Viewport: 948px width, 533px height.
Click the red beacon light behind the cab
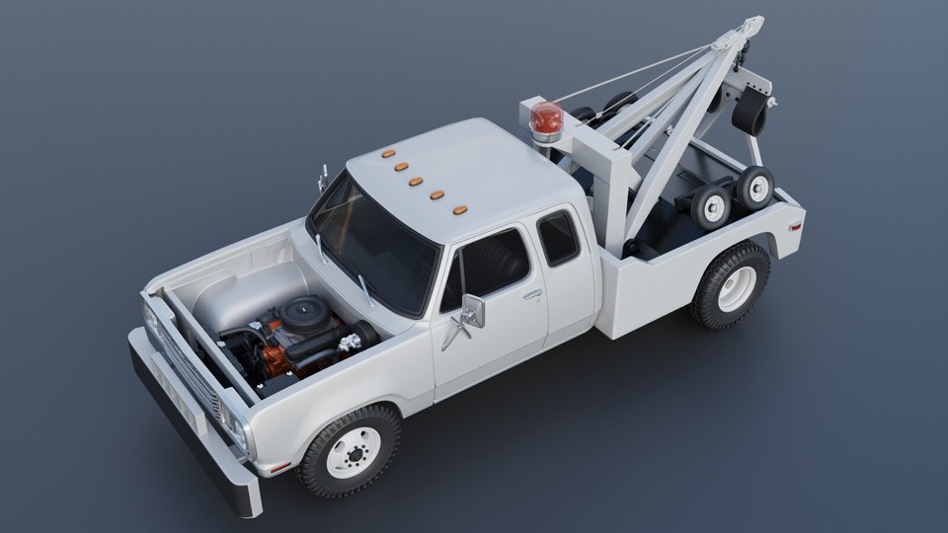point(545,120)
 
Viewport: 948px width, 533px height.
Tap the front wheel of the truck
point(350,451)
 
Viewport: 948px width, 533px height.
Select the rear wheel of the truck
point(732,285)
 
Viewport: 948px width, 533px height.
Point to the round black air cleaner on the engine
point(303,314)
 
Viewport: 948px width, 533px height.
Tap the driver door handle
point(532,294)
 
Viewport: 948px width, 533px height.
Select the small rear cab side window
point(558,238)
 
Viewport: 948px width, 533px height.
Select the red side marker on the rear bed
point(795,226)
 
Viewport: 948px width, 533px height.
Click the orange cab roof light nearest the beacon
point(460,210)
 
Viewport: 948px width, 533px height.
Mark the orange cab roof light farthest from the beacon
point(388,154)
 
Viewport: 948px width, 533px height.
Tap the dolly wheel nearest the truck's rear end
point(755,187)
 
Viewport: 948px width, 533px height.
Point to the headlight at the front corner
point(235,425)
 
